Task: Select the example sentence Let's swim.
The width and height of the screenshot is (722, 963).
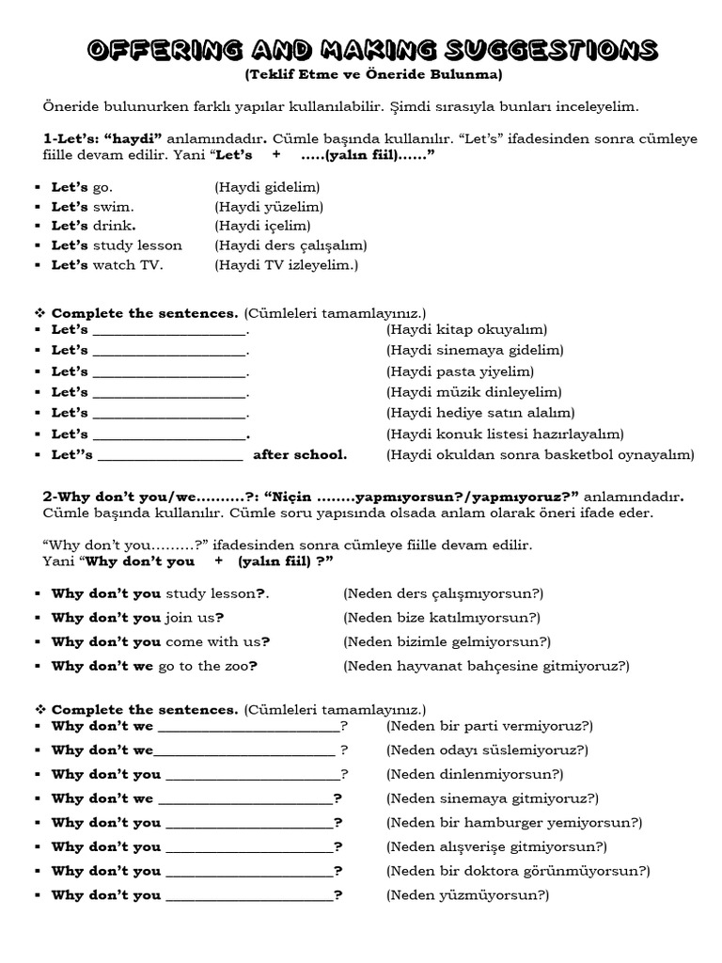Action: tap(92, 206)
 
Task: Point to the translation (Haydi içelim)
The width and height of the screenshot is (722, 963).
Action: tap(261, 226)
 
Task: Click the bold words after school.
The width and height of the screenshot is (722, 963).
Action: tap(300, 454)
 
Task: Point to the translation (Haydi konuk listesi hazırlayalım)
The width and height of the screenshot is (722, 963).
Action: tap(505, 434)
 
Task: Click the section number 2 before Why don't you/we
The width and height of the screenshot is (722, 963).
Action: tap(47, 497)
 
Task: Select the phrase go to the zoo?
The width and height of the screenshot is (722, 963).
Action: tap(208, 666)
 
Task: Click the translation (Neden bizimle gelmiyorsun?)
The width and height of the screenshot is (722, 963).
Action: tap(447, 641)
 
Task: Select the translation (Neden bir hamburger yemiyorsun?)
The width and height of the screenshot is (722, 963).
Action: tap(513, 822)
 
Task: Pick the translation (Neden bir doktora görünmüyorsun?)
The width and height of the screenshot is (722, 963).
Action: tap(517, 871)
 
